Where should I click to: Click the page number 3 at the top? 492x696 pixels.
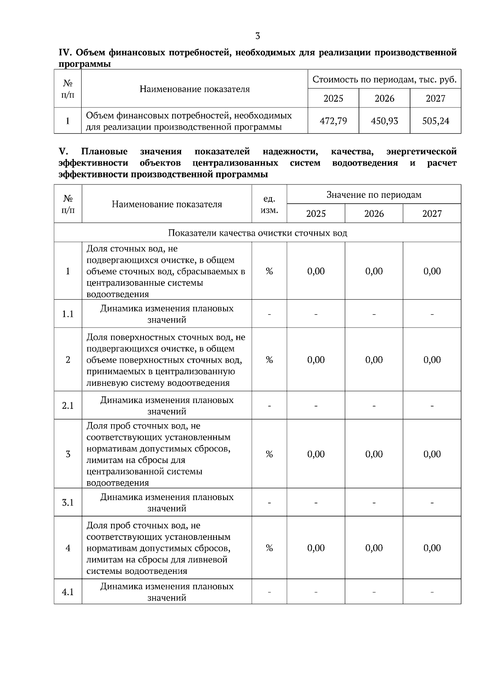tap(257, 36)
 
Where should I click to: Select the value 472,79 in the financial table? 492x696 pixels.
tap(333, 121)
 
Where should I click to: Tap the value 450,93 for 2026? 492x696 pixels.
tap(384, 121)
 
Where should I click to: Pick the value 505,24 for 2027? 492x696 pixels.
tap(435, 121)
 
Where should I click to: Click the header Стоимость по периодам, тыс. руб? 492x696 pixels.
tap(384, 80)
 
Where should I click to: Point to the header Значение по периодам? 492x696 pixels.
tap(374, 195)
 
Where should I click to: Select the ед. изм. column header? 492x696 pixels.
tap(269, 205)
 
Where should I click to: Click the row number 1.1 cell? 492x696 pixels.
tap(68, 314)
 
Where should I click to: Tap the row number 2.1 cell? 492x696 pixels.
tap(68, 406)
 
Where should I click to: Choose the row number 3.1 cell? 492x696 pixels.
tap(68, 503)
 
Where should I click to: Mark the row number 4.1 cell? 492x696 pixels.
tap(68, 592)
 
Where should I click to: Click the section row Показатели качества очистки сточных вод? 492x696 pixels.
tap(257, 233)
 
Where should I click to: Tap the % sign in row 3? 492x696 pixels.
tap(269, 454)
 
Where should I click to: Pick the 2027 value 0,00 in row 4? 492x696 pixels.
tap(432, 548)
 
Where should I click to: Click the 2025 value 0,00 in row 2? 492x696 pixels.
tap(316, 360)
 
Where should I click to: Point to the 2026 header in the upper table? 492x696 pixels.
tap(384, 98)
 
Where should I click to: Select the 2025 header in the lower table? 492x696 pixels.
tap(316, 214)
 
